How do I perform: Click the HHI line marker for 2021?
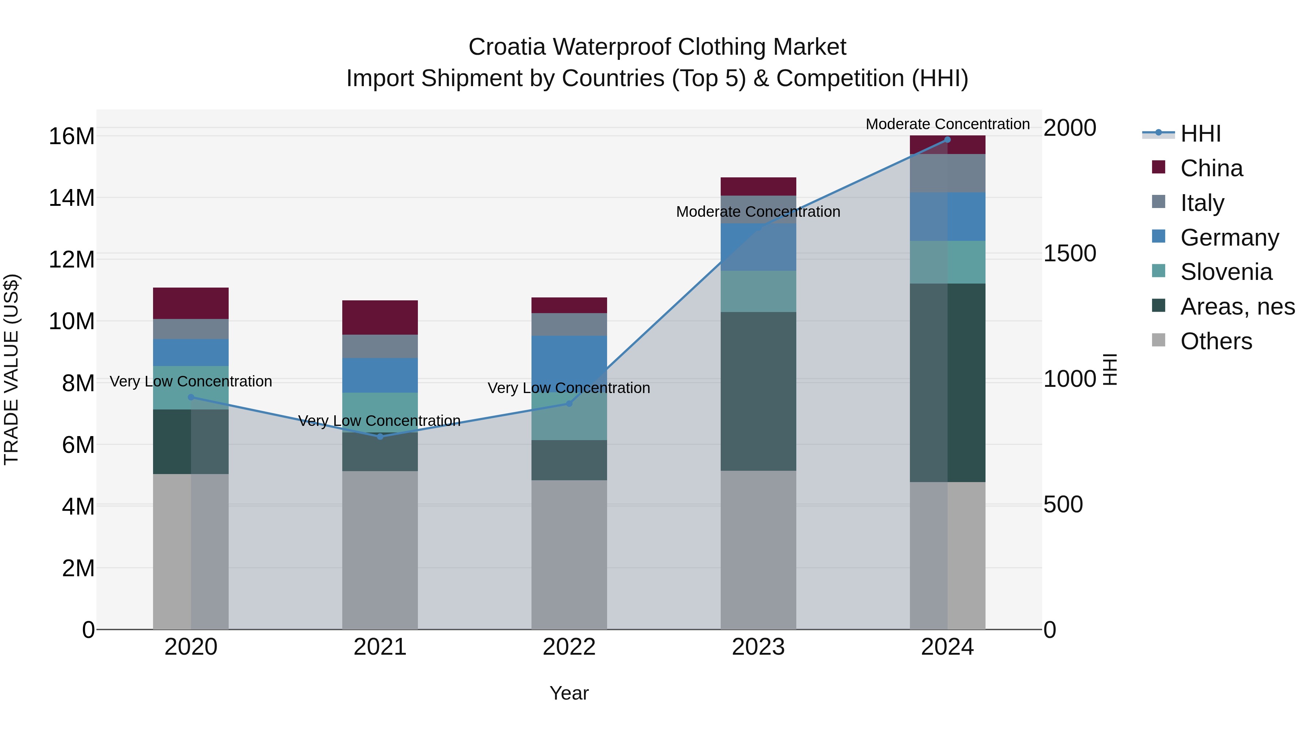tap(380, 436)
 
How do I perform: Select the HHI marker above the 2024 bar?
tap(948, 140)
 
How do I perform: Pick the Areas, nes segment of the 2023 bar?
tap(758, 391)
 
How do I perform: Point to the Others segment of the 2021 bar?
tap(380, 550)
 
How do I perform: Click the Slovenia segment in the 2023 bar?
tap(758, 291)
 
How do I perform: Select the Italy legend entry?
tap(1202, 203)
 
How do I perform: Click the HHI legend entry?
tap(1200, 134)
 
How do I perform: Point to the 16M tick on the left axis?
tap(72, 137)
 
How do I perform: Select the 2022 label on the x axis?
tap(569, 647)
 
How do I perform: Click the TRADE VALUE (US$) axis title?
tap(11, 369)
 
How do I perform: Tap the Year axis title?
tap(569, 693)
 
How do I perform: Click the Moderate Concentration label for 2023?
tap(758, 212)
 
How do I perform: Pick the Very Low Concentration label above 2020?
tap(191, 381)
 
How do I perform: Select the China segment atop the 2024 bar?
tap(948, 145)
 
